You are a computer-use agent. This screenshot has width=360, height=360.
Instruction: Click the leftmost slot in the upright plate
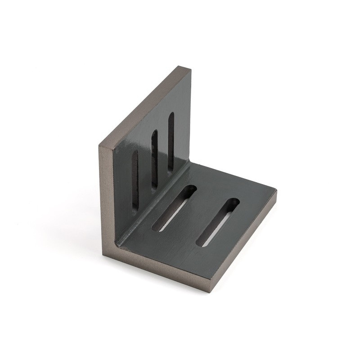tap(135, 180)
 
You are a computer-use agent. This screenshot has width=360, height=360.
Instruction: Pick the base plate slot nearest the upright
tap(174, 208)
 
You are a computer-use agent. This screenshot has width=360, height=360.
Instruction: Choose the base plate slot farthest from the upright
tap(218, 222)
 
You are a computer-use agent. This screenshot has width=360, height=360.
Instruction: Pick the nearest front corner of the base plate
tap(211, 290)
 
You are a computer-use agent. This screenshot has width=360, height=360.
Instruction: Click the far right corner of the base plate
tap(275, 191)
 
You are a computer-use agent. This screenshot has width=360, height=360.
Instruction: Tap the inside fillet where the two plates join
tap(153, 202)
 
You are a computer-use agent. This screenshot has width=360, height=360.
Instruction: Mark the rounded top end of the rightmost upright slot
tap(171, 115)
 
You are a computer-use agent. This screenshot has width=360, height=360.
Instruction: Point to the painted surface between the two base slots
tap(198, 214)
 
